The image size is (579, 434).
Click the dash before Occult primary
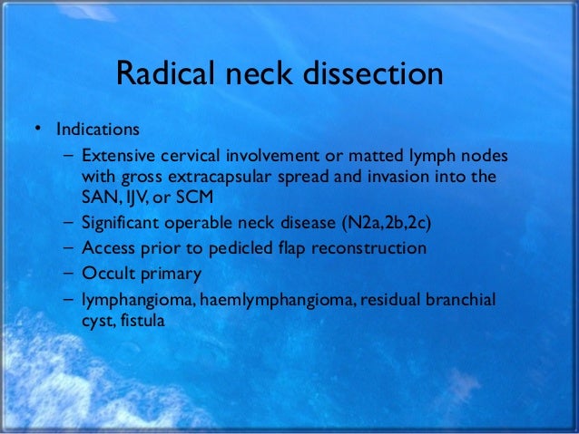pos(70,273)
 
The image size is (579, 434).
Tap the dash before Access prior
pos(70,248)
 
